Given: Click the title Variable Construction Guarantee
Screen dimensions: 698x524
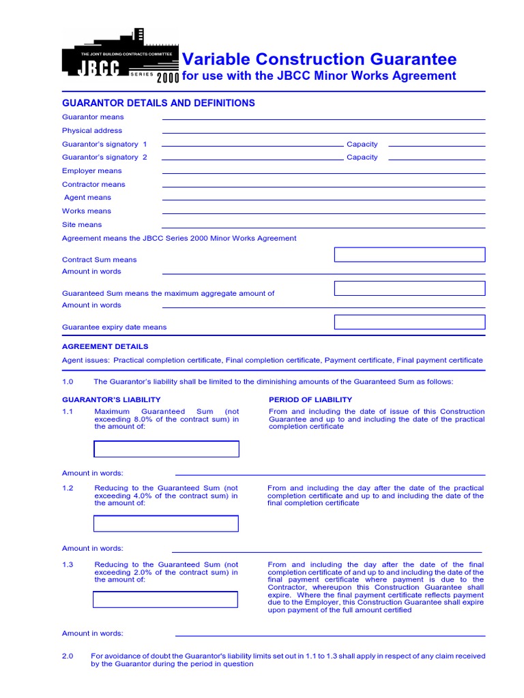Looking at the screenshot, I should click(x=319, y=59).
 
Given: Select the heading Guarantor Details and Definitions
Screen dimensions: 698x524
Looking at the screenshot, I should click(x=158, y=103).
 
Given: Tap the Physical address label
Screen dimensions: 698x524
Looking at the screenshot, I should click(x=92, y=130).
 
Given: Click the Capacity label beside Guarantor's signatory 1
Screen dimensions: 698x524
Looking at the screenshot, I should click(x=362, y=144).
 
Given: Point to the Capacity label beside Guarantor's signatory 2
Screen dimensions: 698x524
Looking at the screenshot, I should click(x=362, y=157).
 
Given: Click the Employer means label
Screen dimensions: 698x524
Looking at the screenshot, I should click(x=92, y=170).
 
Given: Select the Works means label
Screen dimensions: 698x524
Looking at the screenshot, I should click(x=87, y=211).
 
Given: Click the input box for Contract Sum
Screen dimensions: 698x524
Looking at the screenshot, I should click(x=409, y=255).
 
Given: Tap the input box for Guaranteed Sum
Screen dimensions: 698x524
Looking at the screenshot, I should click(x=409, y=288).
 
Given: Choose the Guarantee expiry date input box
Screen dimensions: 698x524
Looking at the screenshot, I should click(x=409, y=322).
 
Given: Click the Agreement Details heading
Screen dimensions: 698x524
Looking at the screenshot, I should click(x=105, y=346).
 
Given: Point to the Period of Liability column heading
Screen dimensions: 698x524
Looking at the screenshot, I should click(x=310, y=399).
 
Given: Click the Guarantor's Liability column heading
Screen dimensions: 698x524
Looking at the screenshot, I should click(x=111, y=399).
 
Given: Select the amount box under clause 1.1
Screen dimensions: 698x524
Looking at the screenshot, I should click(x=166, y=449).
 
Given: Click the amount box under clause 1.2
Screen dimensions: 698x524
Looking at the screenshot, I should click(x=166, y=523).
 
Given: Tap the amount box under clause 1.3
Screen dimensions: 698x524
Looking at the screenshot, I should click(x=166, y=600).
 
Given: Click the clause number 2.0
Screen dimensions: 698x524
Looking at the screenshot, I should click(x=68, y=656).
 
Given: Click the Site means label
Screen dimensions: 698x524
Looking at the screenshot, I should click(x=82, y=224).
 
